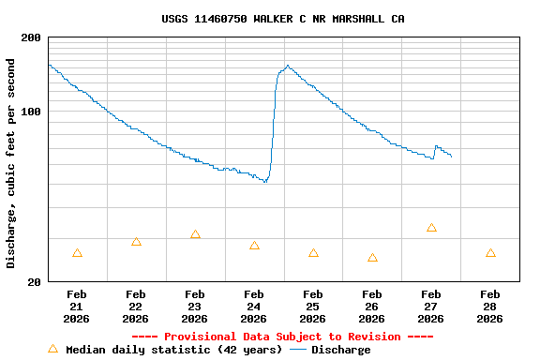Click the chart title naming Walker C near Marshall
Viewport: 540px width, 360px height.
[x=283, y=19]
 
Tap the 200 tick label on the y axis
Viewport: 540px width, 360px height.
[x=30, y=37]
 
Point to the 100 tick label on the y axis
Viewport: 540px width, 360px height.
[x=30, y=112]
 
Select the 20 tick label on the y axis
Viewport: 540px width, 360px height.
[x=34, y=281]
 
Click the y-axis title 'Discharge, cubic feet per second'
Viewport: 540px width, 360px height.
[x=11, y=163]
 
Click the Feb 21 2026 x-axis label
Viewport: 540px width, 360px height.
[x=77, y=307]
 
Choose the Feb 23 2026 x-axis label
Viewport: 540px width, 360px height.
[x=195, y=307]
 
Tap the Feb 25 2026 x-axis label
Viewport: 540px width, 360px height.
[x=313, y=307]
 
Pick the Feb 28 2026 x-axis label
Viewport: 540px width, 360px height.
[x=490, y=307]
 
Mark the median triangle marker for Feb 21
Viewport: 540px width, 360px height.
[x=77, y=253]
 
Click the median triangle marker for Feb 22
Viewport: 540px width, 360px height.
[x=136, y=242]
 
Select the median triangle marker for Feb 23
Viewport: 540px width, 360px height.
[x=195, y=234]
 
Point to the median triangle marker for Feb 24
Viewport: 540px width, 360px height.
[x=254, y=246]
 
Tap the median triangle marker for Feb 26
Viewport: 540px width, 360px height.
[x=372, y=258]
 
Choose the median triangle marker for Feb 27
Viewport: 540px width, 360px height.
[x=431, y=228]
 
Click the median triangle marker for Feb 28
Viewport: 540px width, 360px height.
[x=490, y=253]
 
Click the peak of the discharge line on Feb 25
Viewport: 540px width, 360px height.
[x=287, y=66]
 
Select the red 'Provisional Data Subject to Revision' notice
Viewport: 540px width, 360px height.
[x=282, y=337]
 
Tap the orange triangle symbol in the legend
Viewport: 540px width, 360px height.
[x=52, y=349]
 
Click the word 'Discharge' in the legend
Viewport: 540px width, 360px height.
[x=340, y=350]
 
